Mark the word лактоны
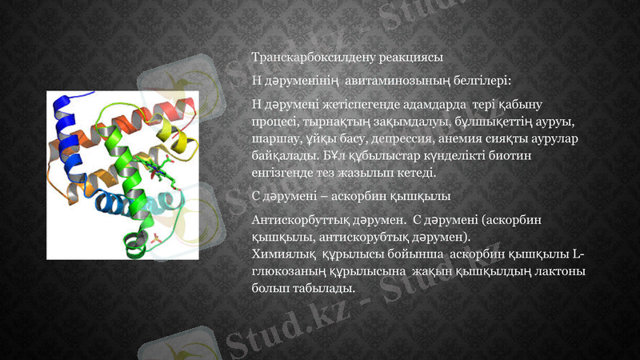560,271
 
